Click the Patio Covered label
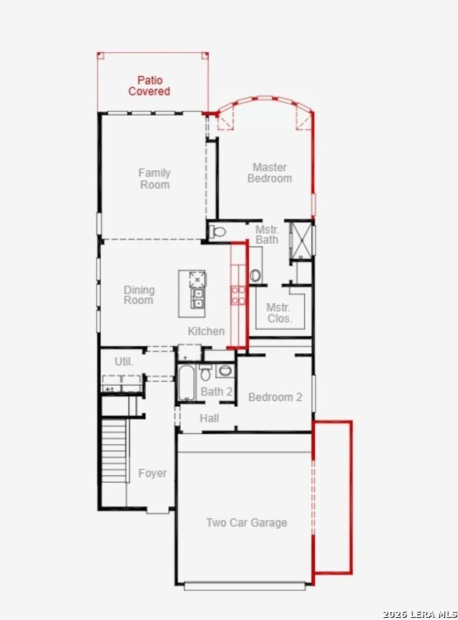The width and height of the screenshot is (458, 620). [150, 86]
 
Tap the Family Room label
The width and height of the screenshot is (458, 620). [155, 178]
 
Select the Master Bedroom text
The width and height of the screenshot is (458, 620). [270, 173]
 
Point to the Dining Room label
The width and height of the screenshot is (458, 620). [139, 295]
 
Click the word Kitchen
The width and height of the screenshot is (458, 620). [206, 331]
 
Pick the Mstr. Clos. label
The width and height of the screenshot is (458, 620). [278, 313]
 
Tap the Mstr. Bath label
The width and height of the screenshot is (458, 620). [267, 235]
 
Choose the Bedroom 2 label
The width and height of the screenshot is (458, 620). [275, 397]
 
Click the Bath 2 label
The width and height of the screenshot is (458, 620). [217, 391]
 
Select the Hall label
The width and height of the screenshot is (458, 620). [209, 418]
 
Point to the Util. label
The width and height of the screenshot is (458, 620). [124, 361]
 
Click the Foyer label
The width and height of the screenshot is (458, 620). [152, 473]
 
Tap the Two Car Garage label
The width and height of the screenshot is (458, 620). [247, 522]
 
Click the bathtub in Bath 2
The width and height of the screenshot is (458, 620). [186, 383]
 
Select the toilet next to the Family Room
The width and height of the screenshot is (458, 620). [217, 231]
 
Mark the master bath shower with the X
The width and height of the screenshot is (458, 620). [301, 240]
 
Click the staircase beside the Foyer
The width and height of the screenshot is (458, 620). [114, 451]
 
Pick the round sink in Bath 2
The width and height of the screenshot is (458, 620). [225, 370]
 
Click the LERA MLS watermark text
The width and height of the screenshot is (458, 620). [419, 614]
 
